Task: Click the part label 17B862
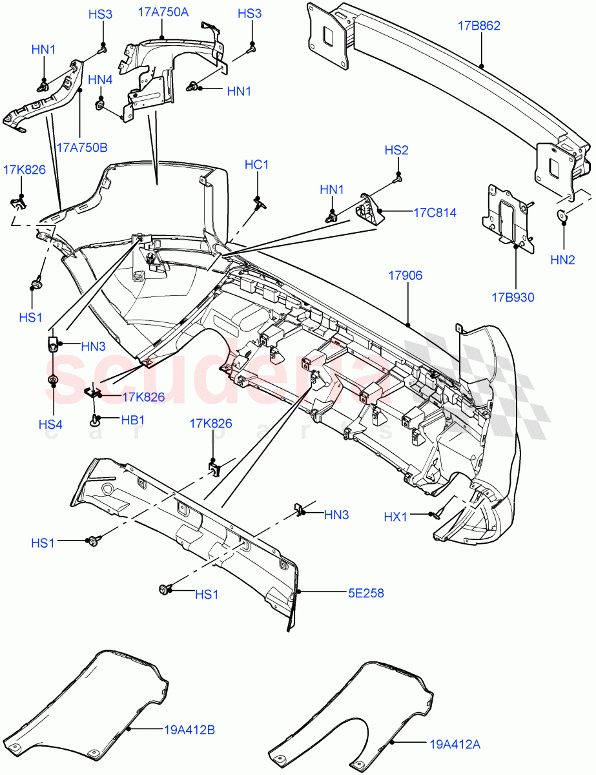pos(479,26)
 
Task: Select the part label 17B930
pos(513,298)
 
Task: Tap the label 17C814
pos(435,212)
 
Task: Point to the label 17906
pos(405,276)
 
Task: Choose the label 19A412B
pos(189,730)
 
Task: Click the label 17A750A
pos(163,12)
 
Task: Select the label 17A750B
pos(81,147)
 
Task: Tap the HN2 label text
pos(562,260)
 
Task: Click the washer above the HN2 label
pos(562,215)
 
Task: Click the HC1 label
pos(256,165)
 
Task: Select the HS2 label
pos(396,150)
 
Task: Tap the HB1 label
pos(132,420)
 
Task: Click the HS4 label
pos(50,424)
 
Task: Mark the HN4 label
pos(100,79)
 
